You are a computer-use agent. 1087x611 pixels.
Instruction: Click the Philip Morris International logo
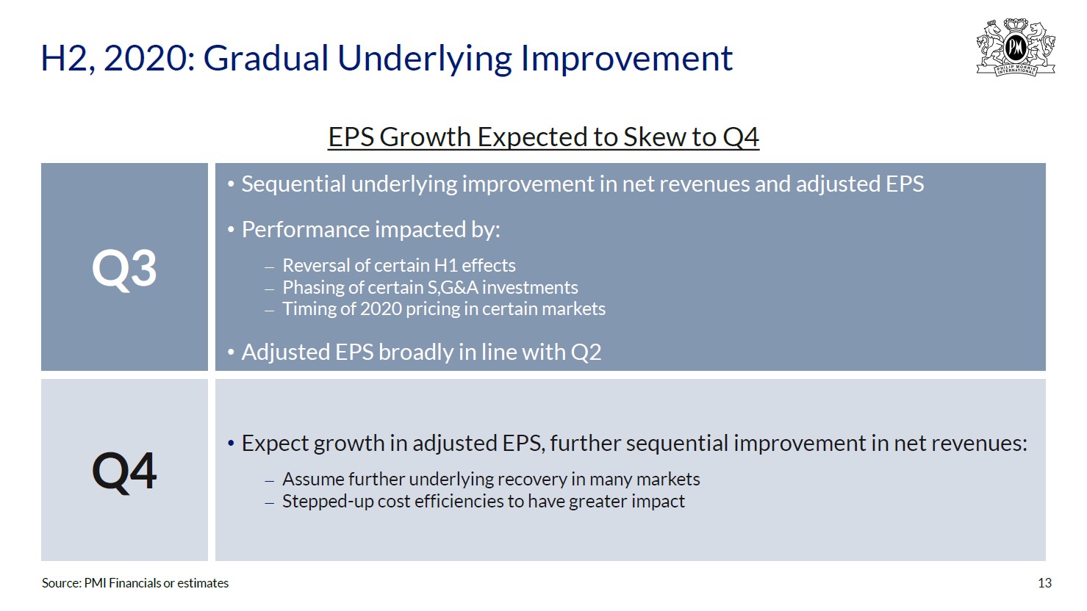coord(1016,47)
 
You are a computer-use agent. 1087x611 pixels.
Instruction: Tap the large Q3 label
coord(124,269)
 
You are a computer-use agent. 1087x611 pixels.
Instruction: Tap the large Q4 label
coord(124,471)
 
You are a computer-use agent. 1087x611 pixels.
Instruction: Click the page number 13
coord(1044,583)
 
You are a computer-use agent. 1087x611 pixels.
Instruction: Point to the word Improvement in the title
coord(626,58)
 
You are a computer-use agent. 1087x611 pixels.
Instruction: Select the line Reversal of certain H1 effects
coord(399,266)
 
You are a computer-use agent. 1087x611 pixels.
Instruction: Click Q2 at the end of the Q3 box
coord(586,352)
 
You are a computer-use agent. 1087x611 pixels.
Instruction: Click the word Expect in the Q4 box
coord(275,444)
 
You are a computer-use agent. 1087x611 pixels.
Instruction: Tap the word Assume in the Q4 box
coord(312,479)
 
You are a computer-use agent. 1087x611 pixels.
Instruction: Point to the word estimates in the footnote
coord(203,583)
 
